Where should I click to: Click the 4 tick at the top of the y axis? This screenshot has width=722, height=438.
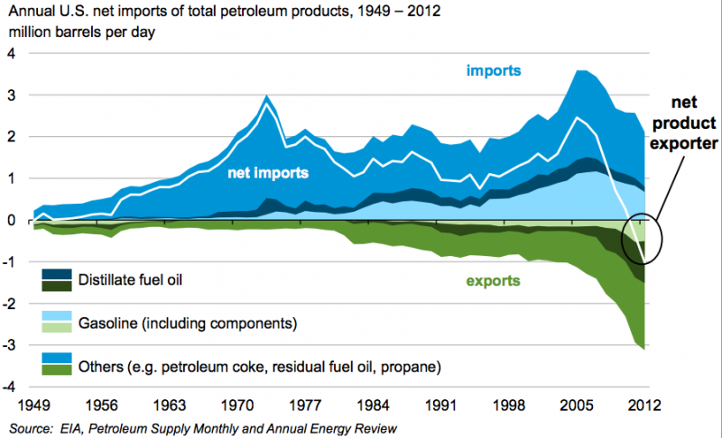point(11,53)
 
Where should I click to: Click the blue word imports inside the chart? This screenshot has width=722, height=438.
point(495,69)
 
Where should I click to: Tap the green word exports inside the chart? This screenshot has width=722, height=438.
point(493,280)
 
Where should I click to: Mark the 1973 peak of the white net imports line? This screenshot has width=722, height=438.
point(266,105)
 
